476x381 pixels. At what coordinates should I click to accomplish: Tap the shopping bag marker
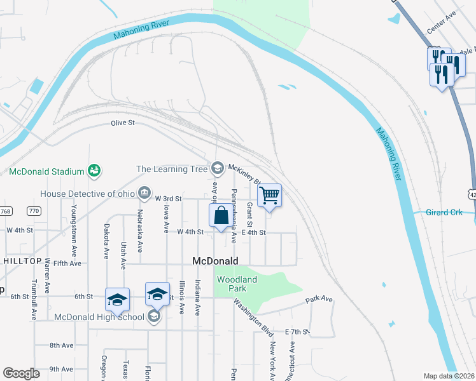coord(221,215)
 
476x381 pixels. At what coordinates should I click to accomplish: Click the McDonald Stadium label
coord(47,171)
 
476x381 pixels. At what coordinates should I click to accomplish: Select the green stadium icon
coord(94,170)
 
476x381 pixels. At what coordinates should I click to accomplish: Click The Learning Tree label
coord(172,169)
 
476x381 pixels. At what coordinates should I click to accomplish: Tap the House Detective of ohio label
coord(88,193)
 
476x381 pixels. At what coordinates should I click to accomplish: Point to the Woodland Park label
coord(237,284)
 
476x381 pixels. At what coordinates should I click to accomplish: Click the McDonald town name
coord(215,261)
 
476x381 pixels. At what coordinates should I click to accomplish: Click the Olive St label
coord(123,123)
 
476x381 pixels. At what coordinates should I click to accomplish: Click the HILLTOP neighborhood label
coord(23,261)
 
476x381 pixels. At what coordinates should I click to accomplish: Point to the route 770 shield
coord(34,211)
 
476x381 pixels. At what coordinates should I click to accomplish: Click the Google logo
coord(21,373)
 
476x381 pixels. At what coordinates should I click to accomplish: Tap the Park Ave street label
coord(319,298)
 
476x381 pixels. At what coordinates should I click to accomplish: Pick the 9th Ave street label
coord(61,369)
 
